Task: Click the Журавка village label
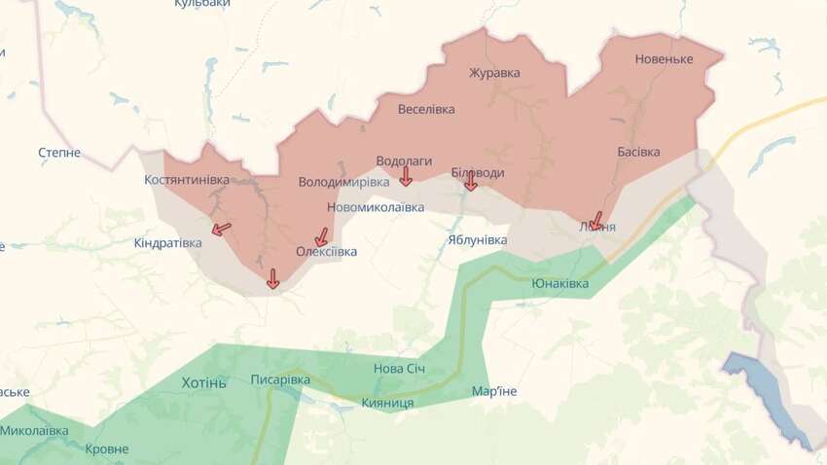tap(494, 73)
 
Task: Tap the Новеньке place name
tap(664, 59)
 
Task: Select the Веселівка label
tap(426, 109)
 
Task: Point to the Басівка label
tap(638, 153)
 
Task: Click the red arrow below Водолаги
tap(406, 176)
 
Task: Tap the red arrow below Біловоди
tap(470, 181)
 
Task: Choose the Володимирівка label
tap(343, 182)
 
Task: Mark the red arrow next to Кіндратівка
tap(222, 230)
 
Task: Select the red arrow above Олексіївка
tap(321, 236)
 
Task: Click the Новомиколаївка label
tap(376, 207)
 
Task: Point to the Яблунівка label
tap(478, 239)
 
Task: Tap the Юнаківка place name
tap(559, 283)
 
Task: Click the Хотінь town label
tap(203, 382)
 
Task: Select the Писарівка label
tap(280, 379)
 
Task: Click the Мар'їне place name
tap(494, 391)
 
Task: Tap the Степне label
tap(59, 153)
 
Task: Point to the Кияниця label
tap(387, 403)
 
